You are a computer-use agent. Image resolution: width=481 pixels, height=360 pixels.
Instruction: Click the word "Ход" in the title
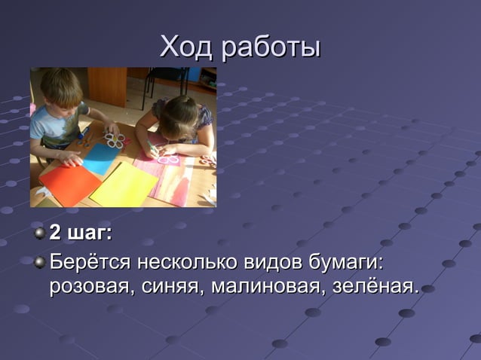(x=188, y=47)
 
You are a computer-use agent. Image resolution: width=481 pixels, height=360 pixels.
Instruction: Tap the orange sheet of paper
(x=69, y=183)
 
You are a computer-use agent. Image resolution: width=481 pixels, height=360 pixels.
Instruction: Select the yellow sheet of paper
(x=124, y=184)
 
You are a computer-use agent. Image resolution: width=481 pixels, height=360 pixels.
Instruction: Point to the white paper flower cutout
(x=114, y=140)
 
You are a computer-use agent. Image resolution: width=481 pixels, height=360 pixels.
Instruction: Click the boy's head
(x=60, y=88)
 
